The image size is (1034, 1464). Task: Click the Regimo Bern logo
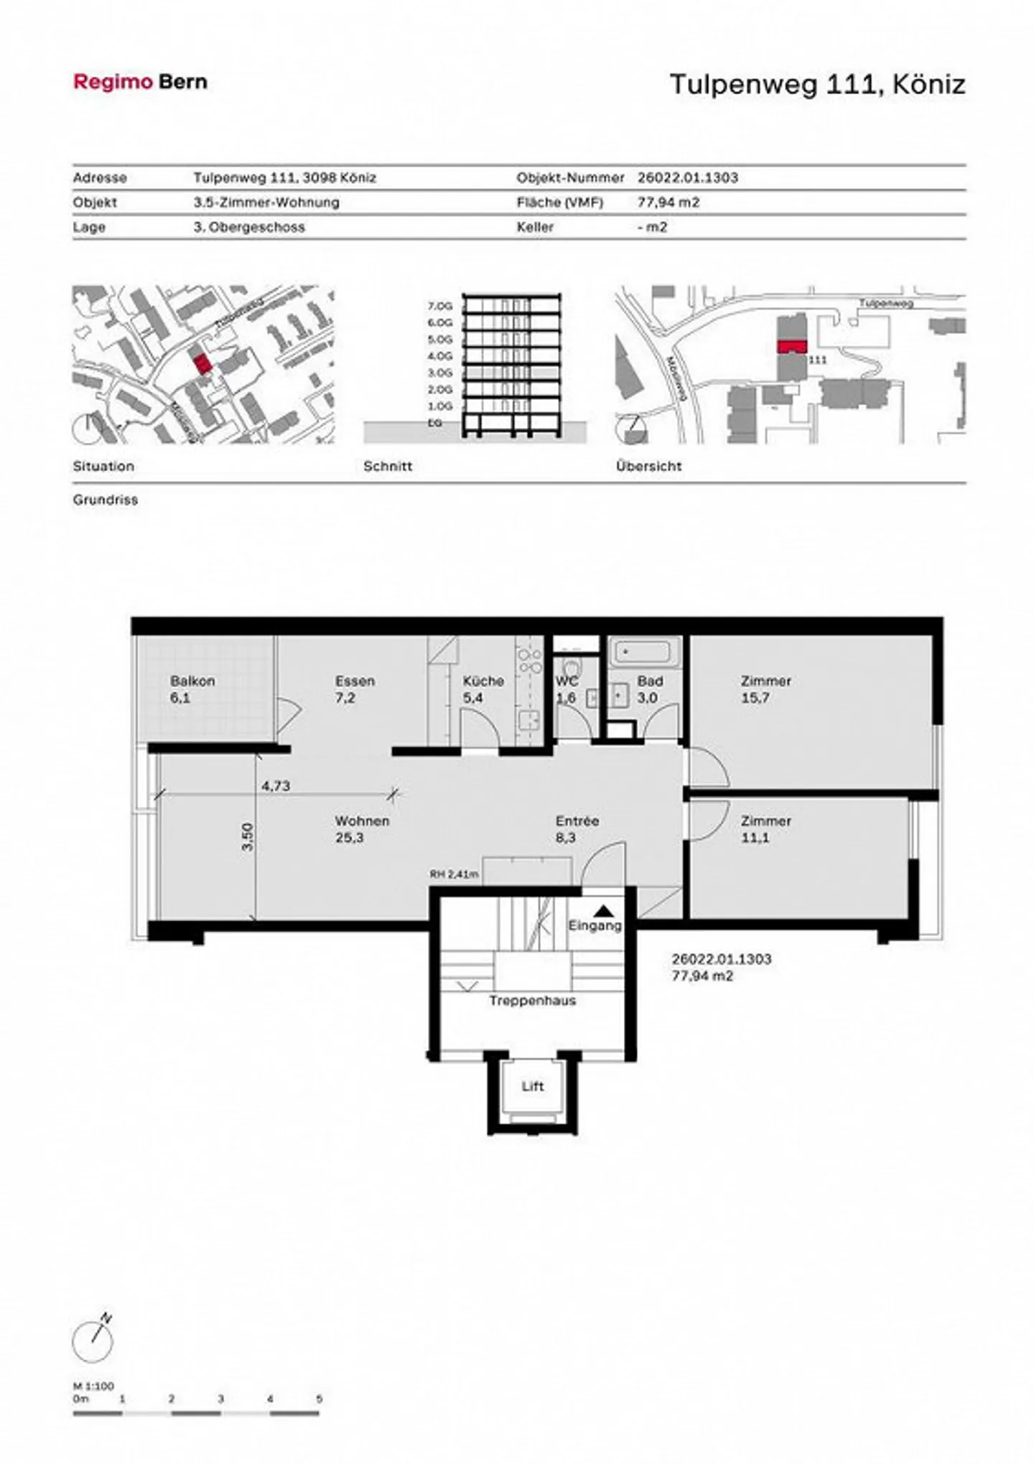140,82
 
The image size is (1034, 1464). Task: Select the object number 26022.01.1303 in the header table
687,177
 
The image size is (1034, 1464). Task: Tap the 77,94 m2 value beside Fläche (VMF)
668,202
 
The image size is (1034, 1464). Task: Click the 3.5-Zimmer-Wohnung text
266,202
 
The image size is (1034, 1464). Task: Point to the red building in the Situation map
202,363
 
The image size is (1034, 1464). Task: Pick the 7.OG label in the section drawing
439,306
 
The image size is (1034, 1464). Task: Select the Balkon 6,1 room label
192,689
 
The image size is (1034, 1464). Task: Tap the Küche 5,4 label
483,689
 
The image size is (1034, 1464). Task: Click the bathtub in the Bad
645,653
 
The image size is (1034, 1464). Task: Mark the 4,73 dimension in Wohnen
276,785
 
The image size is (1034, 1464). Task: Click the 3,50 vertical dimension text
247,836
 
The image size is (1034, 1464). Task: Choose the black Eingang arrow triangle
603,910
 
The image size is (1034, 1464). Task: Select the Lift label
532,1086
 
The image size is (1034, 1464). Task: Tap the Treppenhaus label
532,1000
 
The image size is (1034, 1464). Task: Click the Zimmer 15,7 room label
765,689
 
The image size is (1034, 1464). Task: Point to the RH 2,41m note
454,874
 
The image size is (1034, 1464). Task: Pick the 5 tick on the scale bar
319,1399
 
